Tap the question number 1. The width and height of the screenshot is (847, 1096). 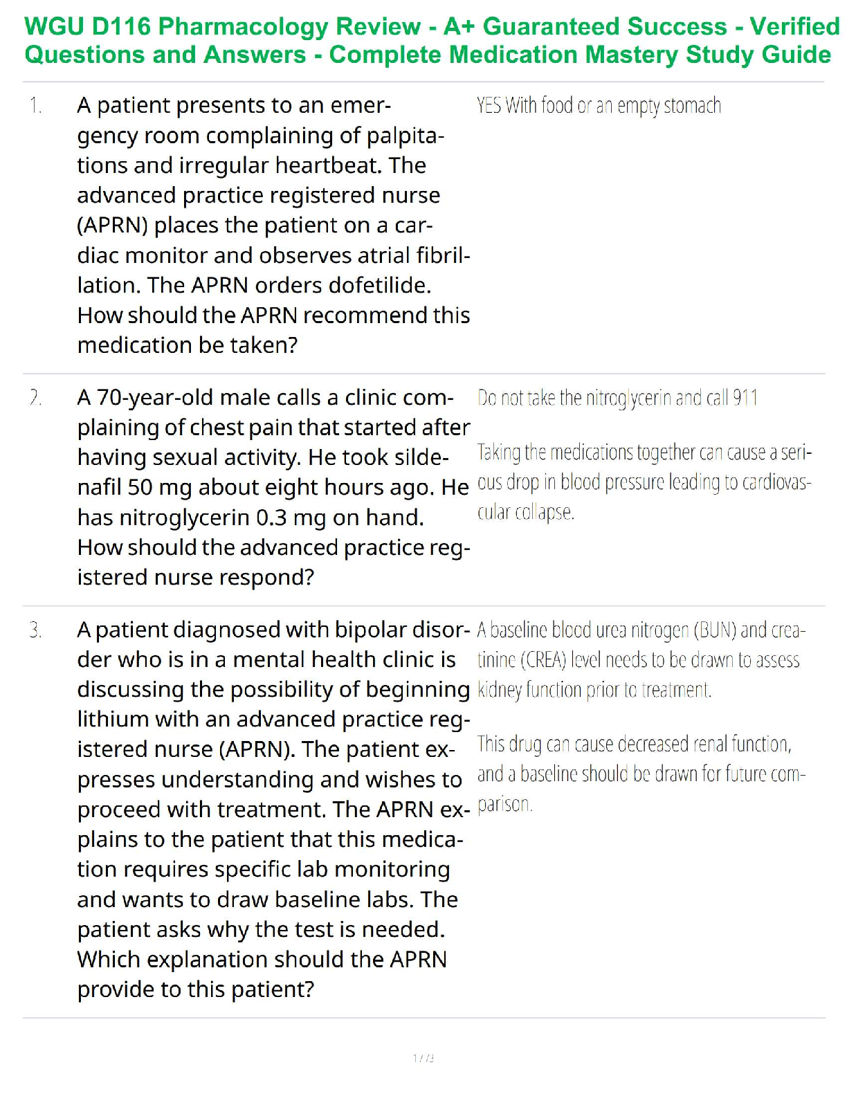[35, 106]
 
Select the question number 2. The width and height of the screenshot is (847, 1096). [35, 398]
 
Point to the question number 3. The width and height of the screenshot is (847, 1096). [35, 630]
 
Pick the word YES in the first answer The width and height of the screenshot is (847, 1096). [489, 106]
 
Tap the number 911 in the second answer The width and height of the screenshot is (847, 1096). [745, 398]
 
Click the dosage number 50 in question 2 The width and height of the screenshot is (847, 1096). [140, 488]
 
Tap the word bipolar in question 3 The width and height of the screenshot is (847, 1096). [369, 630]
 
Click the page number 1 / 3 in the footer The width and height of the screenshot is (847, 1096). [423, 1058]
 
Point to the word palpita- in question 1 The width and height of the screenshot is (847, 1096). [404, 136]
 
